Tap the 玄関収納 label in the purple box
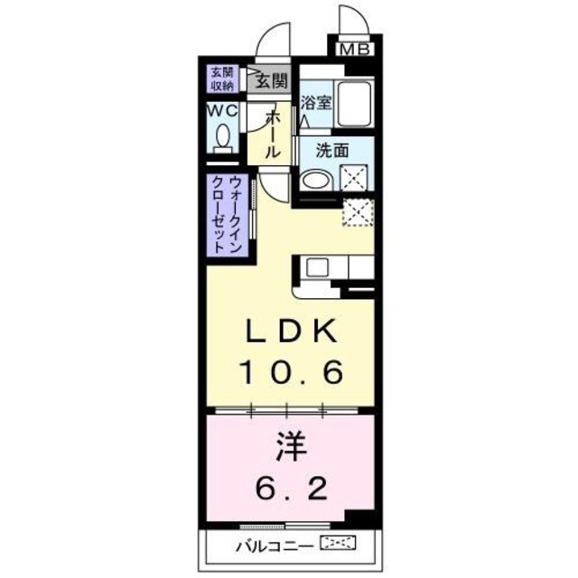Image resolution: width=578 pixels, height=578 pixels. click(223, 79)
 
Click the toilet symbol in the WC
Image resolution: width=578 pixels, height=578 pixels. click(222, 139)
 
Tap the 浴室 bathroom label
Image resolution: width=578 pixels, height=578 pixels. click(317, 102)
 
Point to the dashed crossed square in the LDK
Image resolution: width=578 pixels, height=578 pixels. click(357, 213)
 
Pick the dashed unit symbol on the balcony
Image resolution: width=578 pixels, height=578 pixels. click(339, 544)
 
